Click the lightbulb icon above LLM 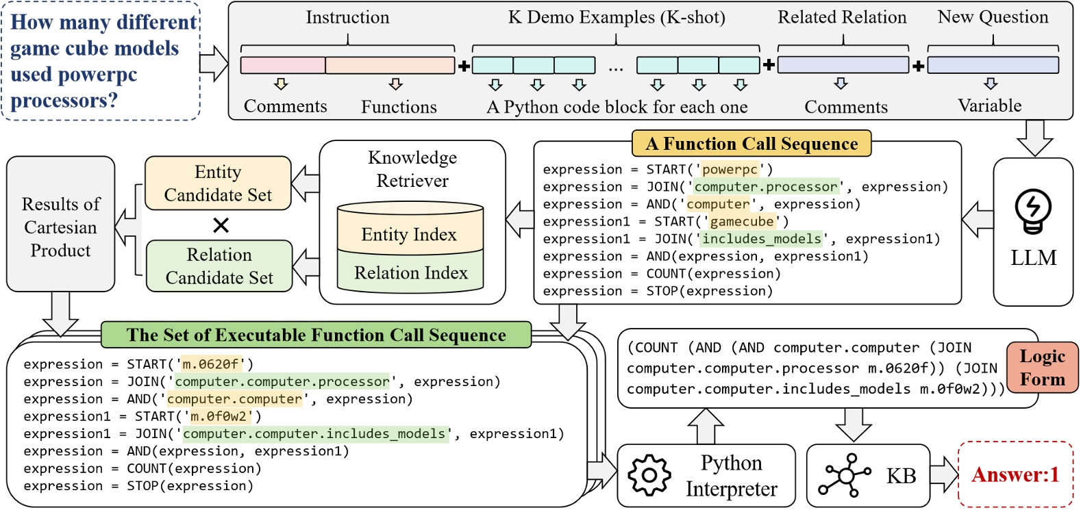pyautogui.click(x=1033, y=211)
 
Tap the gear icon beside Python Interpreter pyautogui.click(x=648, y=475)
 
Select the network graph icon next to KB pyautogui.click(x=847, y=475)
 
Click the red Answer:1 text pyautogui.click(x=1015, y=474)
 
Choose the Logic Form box pyautogui.click(x=1042, y=368)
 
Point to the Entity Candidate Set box pyautogui.click(x=218, y=183)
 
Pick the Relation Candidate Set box pyautogui.click(x=219, y=266)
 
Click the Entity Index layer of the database pyautogui.click(x=410, y=235)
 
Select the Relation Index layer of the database pyautogui.click(x=410, y=273)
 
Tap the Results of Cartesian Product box pyautogui.click(x=60, y=227)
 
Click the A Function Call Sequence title pyautogui.click(x=751, y=144)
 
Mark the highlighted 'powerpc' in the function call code pyautogui.click(x=730, y=170)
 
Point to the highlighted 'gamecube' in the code pyautogui.click(x=742, y=222)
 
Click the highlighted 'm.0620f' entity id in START pyautogui.click(x=209, y=364)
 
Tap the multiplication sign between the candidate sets pyautogui.click(x=221, y=225)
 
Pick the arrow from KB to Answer pyautogui.click(x=944, y=474)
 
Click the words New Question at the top pyautogui.click(x=993, y=17)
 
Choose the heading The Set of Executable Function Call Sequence pyautogui.click(x=316, y=335)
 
